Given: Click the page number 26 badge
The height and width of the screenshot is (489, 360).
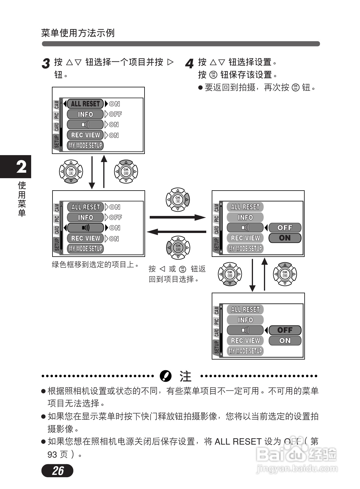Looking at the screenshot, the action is (x=57, y=471).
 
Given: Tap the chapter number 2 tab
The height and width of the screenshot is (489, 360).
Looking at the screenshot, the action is (x=21, y=167).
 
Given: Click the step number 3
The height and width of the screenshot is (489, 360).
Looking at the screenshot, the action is (x=46, y=63).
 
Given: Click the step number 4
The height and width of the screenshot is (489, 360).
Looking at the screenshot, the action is (x=189, y=63).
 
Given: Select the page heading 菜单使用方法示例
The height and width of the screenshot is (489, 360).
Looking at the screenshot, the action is (x=78, y=33).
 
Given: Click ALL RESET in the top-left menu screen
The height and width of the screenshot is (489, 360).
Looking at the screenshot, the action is (x=85, y=104).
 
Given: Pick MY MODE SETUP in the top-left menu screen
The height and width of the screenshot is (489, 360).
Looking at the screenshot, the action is (x=85, y=145).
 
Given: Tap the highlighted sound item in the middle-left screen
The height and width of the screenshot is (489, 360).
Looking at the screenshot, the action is (x=85, y=228).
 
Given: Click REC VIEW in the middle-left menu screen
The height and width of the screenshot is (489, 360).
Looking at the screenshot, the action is (x=85, y=238).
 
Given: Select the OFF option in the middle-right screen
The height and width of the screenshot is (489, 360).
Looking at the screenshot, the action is (x=285, y=228).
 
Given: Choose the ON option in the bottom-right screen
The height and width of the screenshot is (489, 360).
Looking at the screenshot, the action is (x=285, y=341).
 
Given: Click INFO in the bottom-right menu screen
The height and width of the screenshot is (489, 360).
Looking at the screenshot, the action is (x=245, y=320).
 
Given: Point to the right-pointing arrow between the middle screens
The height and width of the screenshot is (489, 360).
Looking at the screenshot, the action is (x=177, y=217).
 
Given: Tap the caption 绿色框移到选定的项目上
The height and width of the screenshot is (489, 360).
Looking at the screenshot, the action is (x=95, y=264).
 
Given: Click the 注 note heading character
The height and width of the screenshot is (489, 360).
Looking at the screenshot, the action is (x=185, y=376).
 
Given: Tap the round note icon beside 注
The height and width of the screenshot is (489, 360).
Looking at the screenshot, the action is (x=166, y=376).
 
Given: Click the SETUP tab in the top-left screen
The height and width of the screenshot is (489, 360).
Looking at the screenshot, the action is (x=57, y=141).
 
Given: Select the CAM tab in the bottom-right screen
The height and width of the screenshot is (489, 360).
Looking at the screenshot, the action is (x=216, y=310).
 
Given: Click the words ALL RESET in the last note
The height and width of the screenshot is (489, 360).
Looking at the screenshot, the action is (x=238, y=442).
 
